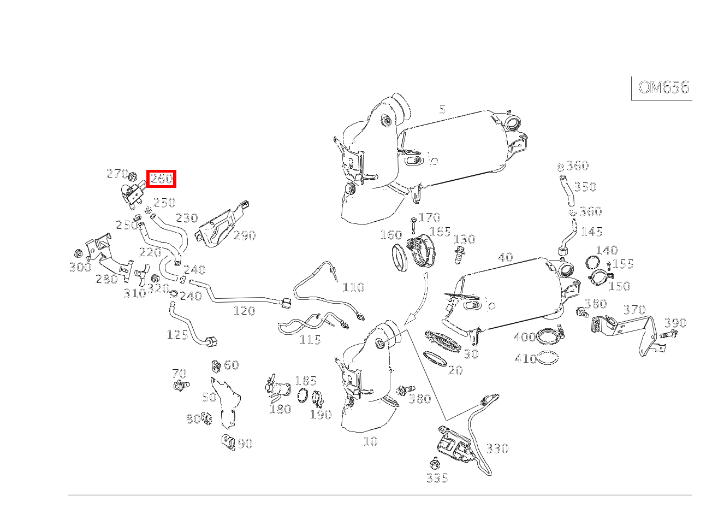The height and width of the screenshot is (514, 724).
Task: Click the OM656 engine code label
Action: click(663, 87)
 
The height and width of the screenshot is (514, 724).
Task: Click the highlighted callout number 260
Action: click(161, 179)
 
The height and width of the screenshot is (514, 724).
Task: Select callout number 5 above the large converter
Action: click(442, 110)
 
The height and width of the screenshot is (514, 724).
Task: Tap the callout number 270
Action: click(116, 174)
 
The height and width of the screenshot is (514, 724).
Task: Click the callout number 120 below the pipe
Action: click(244, 311)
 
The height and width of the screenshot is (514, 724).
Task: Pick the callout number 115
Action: click(310, 340)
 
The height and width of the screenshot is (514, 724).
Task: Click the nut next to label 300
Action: click(78, 254)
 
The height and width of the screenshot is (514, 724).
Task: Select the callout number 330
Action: click(497, 448)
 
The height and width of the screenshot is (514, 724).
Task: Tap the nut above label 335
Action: click(435, 465)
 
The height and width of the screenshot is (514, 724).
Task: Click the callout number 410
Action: click(525, 359)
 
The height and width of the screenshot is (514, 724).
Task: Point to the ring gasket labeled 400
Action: click(548, 338)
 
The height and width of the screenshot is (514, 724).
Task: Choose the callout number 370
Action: click(634, 310)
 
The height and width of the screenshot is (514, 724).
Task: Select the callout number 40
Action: click(505, 257)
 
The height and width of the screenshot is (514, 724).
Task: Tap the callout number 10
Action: click(370, 441)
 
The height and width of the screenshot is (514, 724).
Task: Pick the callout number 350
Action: click(585, 187)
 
